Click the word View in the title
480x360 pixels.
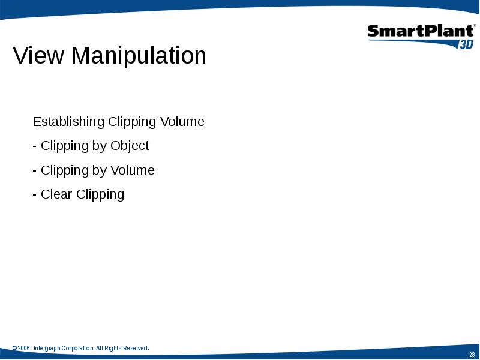click(38, 55)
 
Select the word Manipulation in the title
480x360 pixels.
click(139, 56)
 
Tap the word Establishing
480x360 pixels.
click(68, 122)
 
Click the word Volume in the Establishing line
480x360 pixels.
click(182, 122)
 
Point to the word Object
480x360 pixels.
click(130, 146)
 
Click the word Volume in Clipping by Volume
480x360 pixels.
click(133, 170)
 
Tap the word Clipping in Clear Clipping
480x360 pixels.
click(100, 194)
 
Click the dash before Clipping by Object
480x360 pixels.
click(35, 146)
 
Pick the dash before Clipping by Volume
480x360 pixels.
click(35, 171)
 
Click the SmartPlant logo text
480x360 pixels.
click(421, 31)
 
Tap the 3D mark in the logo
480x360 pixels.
click(466, 44)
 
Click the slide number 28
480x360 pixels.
click(472, 355)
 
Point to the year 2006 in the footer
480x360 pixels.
click(24, 349)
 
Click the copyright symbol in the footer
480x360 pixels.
click(14, 349)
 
